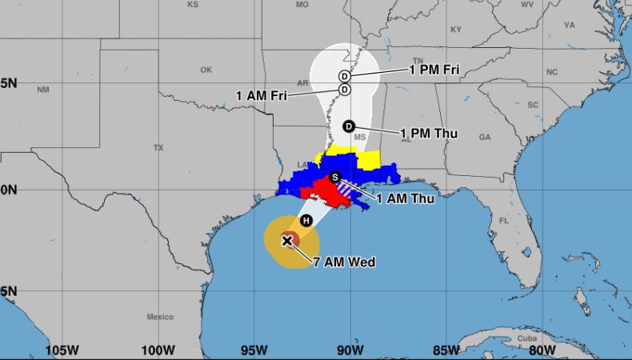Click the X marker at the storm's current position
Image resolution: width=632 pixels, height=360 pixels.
[287, 240]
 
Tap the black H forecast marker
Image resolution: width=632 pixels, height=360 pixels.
[306, 221]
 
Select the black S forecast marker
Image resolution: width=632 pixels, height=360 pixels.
[335, 177]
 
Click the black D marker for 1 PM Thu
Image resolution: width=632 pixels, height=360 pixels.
[349, 126]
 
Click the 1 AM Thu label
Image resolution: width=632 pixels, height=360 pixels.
[405, 198]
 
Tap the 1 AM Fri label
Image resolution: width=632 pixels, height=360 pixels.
[262, 95]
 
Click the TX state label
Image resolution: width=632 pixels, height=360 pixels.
[158, 148]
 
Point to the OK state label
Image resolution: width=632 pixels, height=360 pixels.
[206, 70]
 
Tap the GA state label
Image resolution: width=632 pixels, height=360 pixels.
[484, 137]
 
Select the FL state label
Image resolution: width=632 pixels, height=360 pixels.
[504, 220]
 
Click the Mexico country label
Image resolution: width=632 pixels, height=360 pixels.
[160, 317]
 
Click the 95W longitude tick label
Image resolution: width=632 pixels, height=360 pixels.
[254, 350]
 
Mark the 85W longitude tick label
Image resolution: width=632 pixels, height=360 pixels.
[446, 350]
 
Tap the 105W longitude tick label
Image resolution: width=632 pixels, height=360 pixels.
[62, 350]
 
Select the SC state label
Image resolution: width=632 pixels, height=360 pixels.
[531, 105]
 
